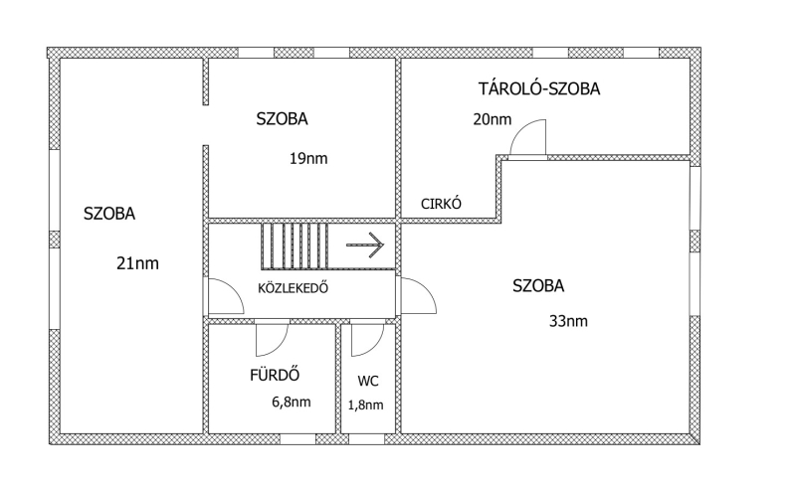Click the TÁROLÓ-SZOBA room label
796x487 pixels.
coord(539,89)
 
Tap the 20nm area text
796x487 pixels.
coord(493,120)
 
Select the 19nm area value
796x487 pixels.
coord(308,158)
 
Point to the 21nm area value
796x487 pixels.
coord(138,263)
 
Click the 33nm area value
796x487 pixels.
coord(568,321)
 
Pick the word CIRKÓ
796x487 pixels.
coord(442,204)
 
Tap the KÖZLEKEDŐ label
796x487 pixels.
coord(294,289)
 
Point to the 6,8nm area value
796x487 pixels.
coord(291,403)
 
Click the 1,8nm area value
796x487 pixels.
coord(366,405)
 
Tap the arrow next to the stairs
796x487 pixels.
coord(365,243)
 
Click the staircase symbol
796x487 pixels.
coord(296,245)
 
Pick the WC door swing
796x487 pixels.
coord(367,338)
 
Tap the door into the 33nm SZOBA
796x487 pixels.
coord(416,296)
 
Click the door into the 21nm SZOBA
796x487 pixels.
coord(224,296)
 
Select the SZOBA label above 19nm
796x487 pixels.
coord(283,118)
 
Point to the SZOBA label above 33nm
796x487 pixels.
coord(538,286)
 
